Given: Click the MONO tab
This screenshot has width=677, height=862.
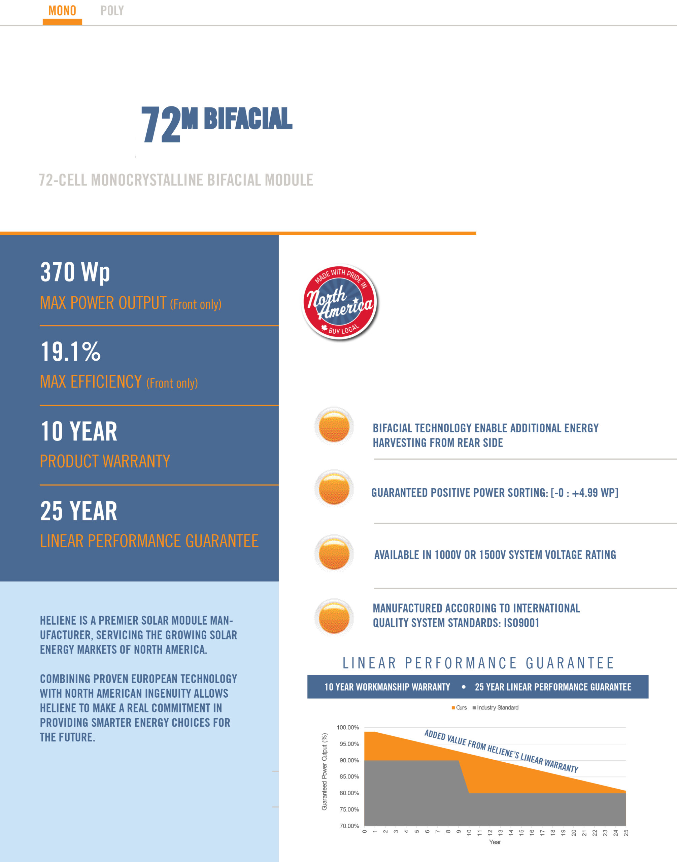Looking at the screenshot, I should point(62,11).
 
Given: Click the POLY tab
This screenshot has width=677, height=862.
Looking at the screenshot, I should point(112,11).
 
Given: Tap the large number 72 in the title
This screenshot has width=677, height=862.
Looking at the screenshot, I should point(161,125).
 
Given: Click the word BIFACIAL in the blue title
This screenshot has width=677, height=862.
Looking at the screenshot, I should point(248,119).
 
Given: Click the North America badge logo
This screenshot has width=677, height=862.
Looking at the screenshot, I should point(340,302).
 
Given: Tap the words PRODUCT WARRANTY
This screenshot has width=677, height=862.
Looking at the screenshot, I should point(105,461).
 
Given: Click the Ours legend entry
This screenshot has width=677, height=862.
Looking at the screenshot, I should point(460,708).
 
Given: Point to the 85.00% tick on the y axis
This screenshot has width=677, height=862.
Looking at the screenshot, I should point(349,777).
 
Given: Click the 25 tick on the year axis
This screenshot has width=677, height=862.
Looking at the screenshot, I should point(626,833).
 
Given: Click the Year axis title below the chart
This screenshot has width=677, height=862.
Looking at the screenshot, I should point(495,842).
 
